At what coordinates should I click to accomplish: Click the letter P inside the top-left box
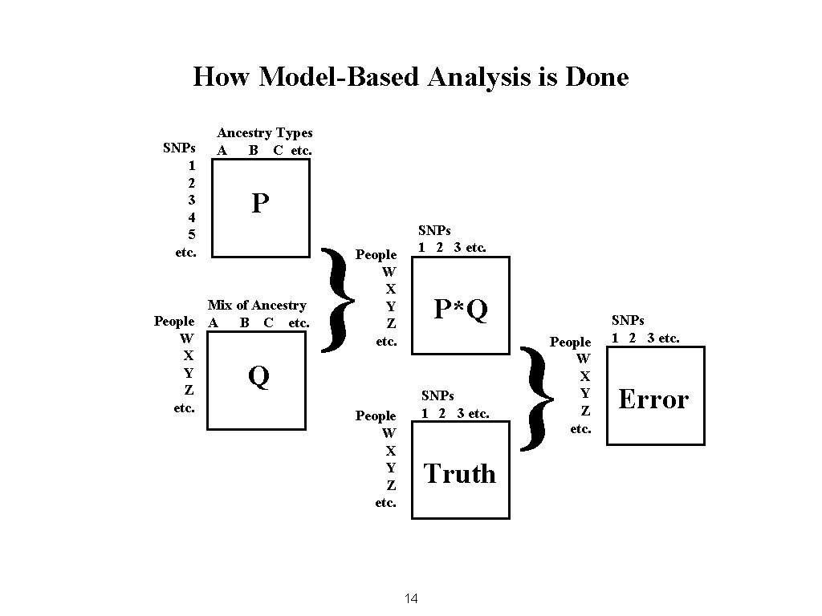click(x=259, y=204)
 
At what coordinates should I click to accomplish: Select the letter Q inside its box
click(x=258, y=375)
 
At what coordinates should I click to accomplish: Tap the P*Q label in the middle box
click(x=461, y=309)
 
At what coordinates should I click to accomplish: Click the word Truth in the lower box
click(x=459, y=474)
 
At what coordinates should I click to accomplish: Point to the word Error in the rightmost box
click(x=653, y=399)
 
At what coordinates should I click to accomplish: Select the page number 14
click(x=412, y=598)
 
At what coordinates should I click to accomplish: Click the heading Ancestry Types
click(x=265, y=133)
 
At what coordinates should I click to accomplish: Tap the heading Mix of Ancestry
click(x=257, y=305)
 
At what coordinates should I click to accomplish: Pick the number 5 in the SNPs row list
click(x=191, y=234)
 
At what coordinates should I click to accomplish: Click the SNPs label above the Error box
click(x=628, y=321)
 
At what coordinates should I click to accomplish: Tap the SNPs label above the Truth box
click(x=438, y=395)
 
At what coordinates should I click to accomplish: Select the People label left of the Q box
click(x=174, y=322)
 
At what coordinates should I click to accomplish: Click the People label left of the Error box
click(x=570, y=342)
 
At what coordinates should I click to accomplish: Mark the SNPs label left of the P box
click(x=180, y=148)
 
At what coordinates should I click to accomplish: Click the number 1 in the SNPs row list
click(x=191, y=165)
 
